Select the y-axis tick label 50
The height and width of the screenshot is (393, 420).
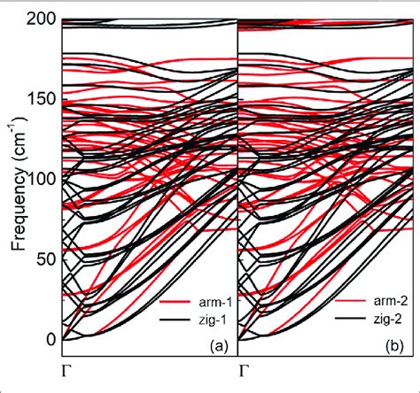(x=43, y=258)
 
